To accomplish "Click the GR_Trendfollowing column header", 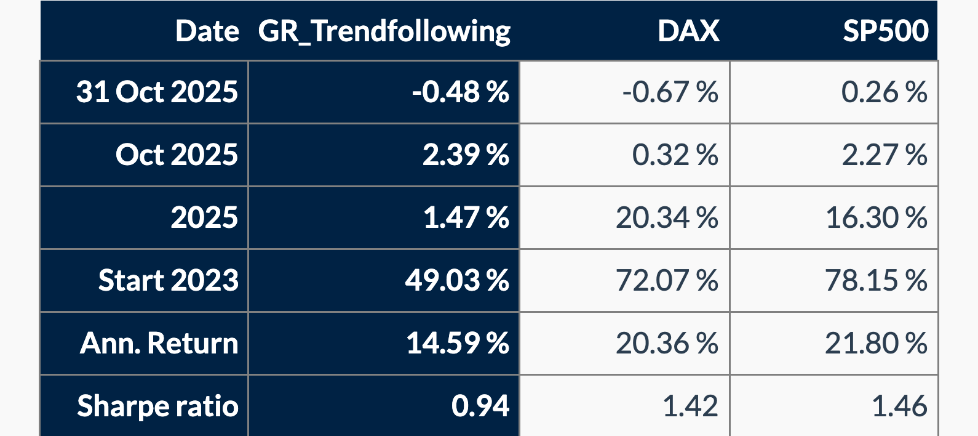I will [384, 31].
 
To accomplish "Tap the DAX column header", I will [688, 31].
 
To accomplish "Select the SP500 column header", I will [885, 31].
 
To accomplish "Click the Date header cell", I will [207, 31].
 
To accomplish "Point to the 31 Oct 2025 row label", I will [157, 92].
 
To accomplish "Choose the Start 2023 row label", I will [168, 280].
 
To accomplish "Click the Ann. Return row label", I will [159, 343].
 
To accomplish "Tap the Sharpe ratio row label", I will [157, 406].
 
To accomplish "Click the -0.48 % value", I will [460, 92].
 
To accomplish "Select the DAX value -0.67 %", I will [670, 92].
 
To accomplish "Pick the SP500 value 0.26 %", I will [884, 92].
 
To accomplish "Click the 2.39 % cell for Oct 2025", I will [465, 155].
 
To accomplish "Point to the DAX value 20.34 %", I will [667, 218].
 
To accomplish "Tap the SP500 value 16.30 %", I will [876, 218].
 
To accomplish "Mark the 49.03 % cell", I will [456, 280].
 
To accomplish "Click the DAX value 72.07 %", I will [667, 280].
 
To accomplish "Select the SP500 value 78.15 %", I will [876, 280].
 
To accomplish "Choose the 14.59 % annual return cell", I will [457, 343].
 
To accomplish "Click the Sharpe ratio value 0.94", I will [480, 406].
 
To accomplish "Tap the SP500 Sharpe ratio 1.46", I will [899, 406].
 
